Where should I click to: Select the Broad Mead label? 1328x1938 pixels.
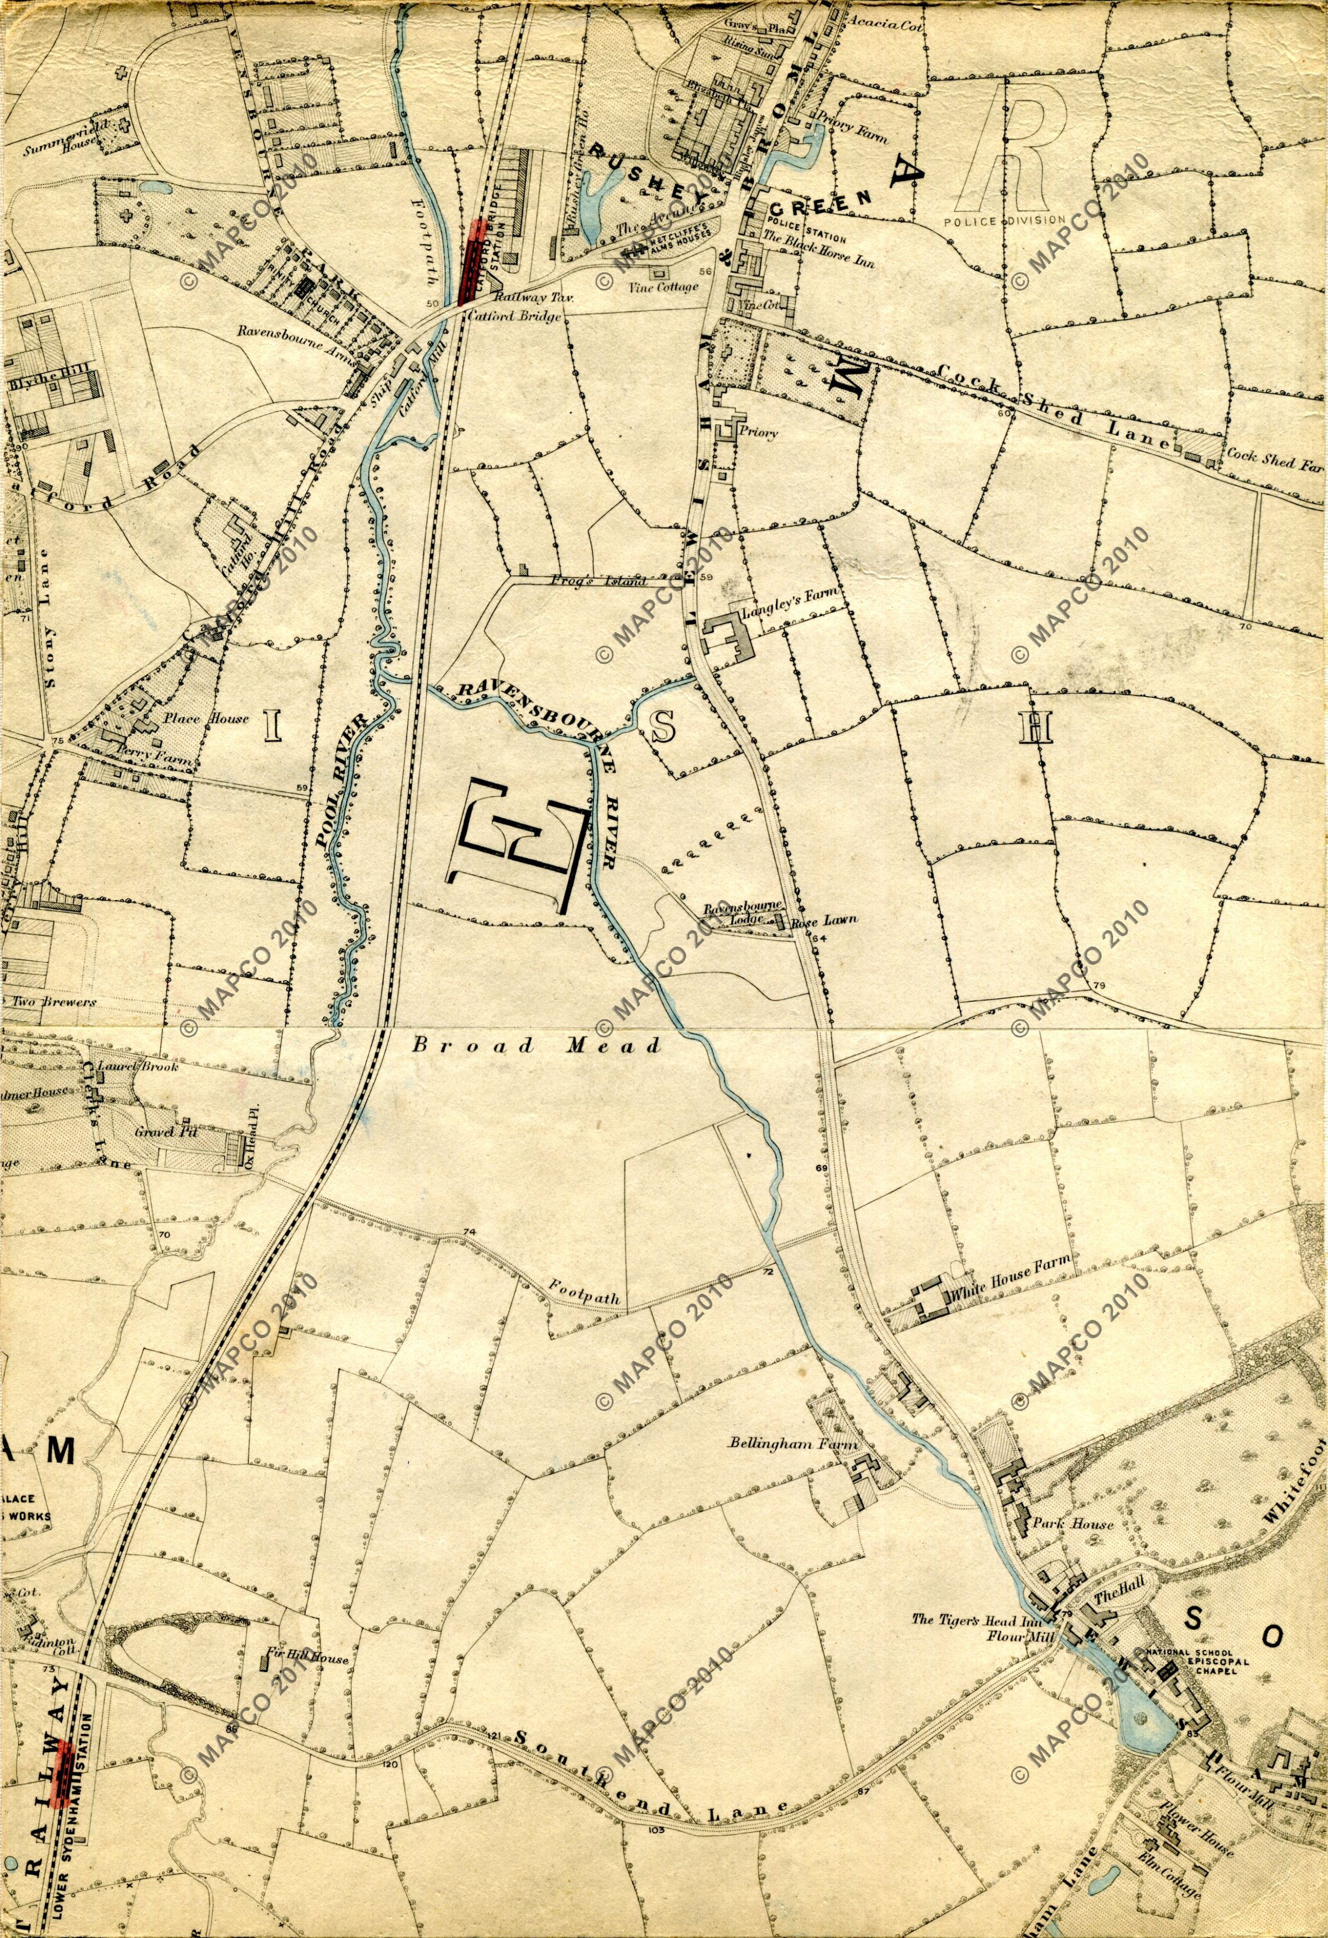[x=537, y=1046]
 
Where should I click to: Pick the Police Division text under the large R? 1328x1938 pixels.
[x=1005, y=220]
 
